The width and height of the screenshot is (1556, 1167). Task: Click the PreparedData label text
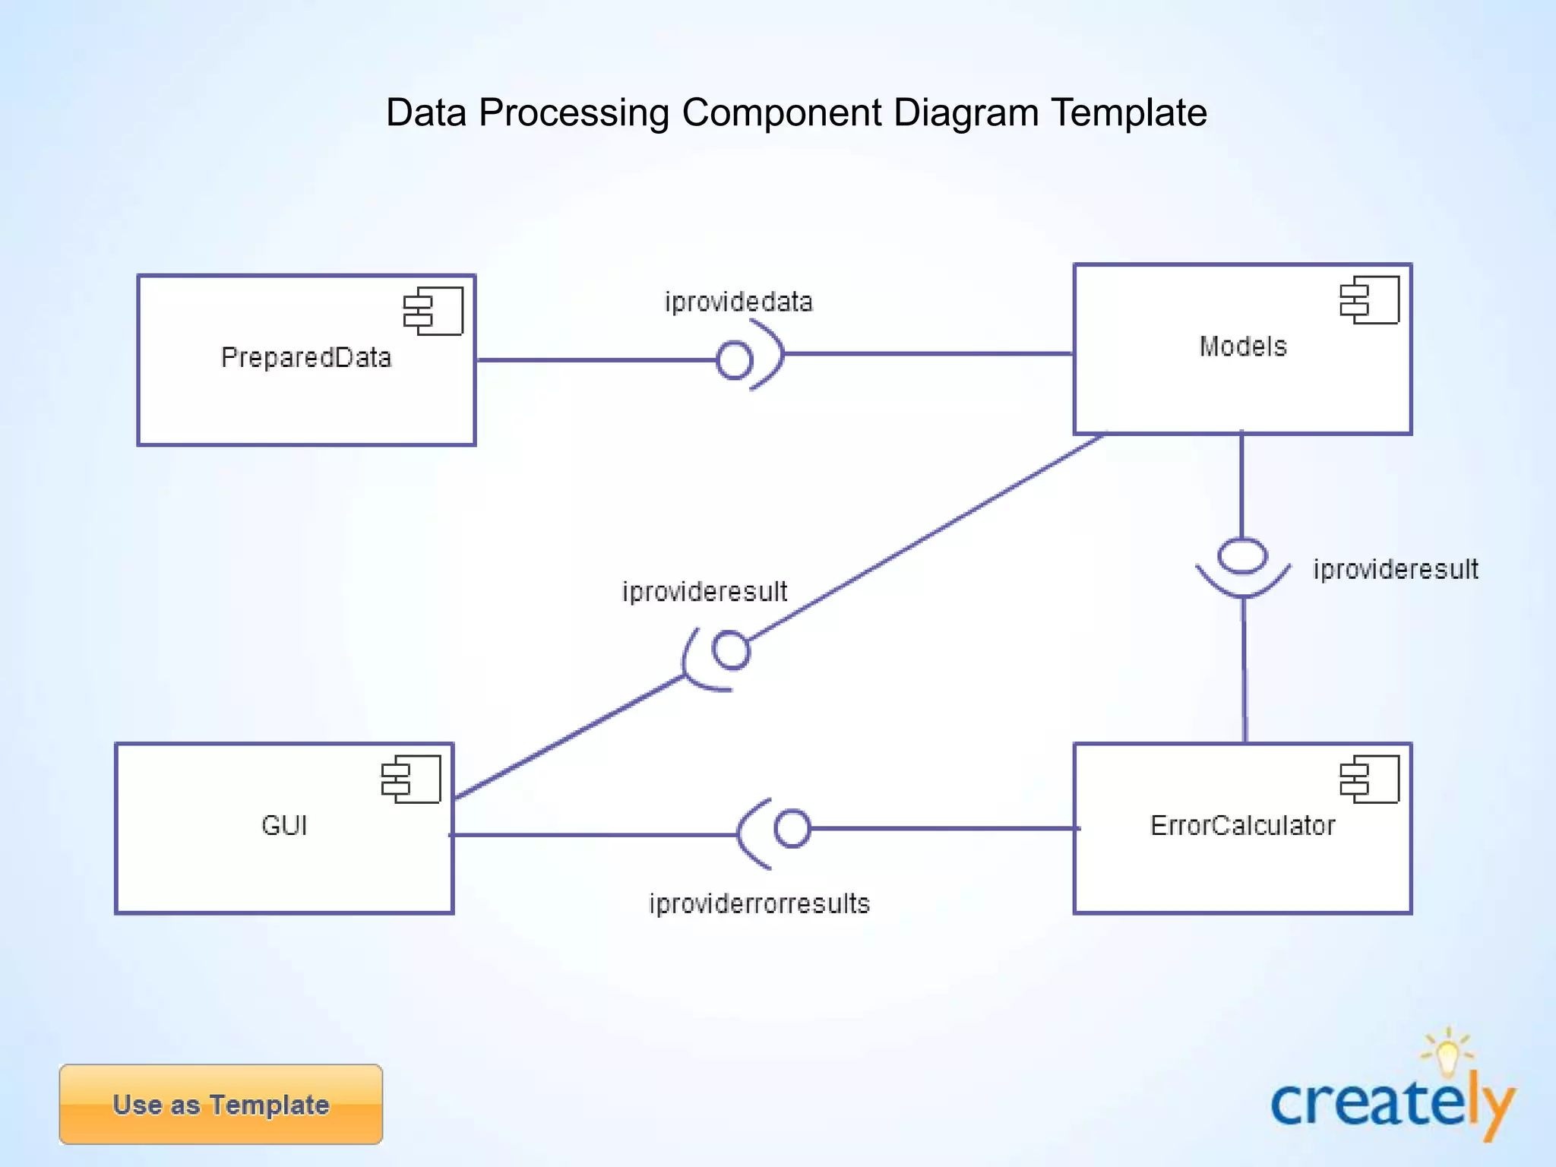[x=306, y=357]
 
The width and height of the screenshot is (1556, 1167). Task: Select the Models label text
[x=1243, y=346]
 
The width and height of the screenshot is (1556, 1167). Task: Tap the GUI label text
[x=284, y=825]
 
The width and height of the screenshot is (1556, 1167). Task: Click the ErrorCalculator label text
[x=1242, y=825]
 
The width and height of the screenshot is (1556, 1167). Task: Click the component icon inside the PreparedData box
[x=433, y=311]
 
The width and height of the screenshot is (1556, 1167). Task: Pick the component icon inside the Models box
[x=1369, y=300]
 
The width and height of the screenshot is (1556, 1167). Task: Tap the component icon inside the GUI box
[x=411, y=779]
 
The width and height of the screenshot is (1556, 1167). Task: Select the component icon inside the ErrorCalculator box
[x=1369, y=779]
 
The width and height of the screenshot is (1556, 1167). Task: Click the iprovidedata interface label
[x=738, y=302]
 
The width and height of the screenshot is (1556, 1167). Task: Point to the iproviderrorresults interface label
[x=759, y=903]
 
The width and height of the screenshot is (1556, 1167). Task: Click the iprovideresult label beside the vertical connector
[x=1395, y=569]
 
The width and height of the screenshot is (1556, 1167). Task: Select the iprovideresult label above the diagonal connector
[x=704, y=591]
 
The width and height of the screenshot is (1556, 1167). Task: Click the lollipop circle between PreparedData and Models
[x=735, y=360]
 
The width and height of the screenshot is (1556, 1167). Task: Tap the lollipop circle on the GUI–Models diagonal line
[x=731, y=650]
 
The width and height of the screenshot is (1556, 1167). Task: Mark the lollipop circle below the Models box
[x=1242, y=556]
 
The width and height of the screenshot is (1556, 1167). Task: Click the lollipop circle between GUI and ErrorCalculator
[x=792, y=828]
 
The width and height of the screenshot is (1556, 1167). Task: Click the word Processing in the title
[x=574, y=112]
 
